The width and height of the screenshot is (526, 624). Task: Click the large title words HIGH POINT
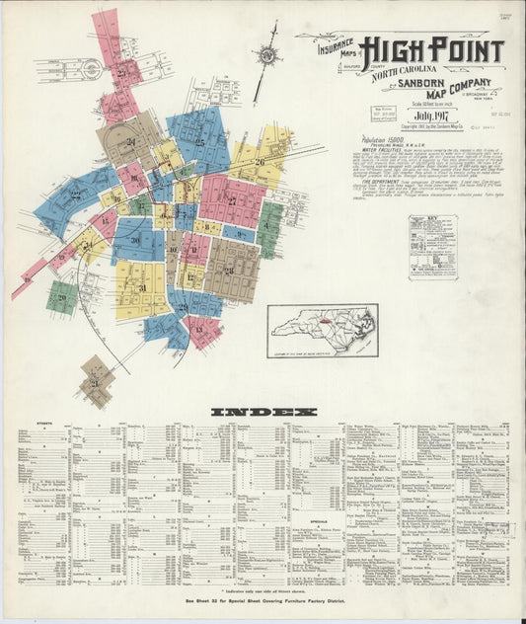(x=431, y=50)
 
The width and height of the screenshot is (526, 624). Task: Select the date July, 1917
(x=431, y=117)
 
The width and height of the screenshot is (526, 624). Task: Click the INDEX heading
(x=263, y=411)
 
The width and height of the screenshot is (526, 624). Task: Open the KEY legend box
(x=433, y=247)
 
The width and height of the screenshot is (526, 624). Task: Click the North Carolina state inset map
(x=322, y=330)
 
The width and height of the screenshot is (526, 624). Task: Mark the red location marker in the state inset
(x=320, y=324)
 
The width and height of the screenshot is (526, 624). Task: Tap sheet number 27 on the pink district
(x=232, y=201)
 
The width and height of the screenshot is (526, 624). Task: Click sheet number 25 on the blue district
(x=199, y=143)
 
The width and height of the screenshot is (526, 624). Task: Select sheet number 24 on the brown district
(x=130, y=141)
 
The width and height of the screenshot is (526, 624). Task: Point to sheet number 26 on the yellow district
(x=261, y=162)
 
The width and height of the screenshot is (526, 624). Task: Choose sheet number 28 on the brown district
(x=229, y=270)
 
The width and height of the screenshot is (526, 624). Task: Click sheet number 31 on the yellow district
(x=142, y=287)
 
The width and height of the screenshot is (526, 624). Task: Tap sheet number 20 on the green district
(x=62, y=296)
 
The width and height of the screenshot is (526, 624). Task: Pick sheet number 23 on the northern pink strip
(x=122, y=72)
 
